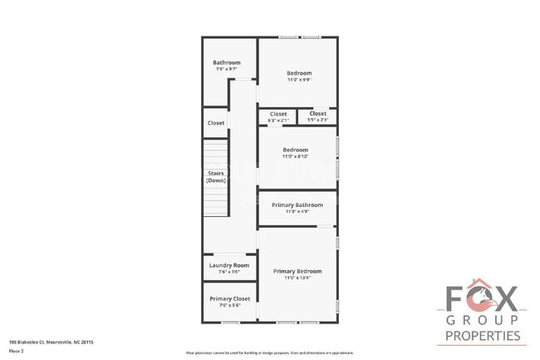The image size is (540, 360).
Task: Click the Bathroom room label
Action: (226, 63)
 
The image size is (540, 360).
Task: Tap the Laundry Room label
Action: (228, 265)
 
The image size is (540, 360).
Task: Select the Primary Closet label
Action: (229, 298)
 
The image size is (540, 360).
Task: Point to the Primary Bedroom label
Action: (297, 272)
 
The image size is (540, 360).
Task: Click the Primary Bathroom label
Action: (297, 205)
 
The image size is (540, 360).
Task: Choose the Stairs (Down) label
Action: (216, 176)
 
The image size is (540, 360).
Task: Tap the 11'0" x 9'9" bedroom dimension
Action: (299, 81)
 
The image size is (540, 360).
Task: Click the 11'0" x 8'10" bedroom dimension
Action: (296, 156)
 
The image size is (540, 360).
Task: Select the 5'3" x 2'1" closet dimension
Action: (277, 121)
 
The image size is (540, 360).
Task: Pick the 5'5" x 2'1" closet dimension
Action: (317, 121)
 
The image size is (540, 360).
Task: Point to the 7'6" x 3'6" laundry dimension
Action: (228, 272)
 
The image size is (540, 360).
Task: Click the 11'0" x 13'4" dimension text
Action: (297, 279)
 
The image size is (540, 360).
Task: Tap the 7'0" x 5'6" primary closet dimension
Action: (229, 305)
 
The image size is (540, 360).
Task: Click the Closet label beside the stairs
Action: (216, 123)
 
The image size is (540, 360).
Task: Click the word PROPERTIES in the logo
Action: (484, 336)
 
